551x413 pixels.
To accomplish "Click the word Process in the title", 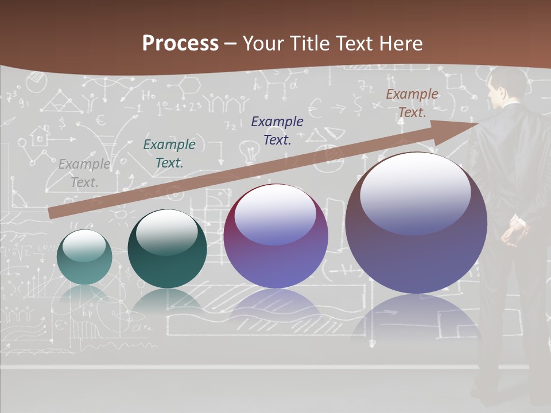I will [x=180, y=44].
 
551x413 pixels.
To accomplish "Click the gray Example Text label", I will [x=84, y=173].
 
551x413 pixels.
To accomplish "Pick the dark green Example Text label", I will [x=169, y=154].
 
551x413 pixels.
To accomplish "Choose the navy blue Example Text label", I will [x=277, y=130].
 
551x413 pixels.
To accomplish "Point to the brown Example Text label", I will [x=412, y=103].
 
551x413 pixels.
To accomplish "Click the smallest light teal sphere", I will [x=84, y=257].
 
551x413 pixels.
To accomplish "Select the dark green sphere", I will [x=167, y=249].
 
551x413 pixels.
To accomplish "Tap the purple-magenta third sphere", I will [x=275, y=236].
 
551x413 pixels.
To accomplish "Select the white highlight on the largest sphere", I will [x=415, y=192].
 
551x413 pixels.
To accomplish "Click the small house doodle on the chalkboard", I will [x=40, y=137].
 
